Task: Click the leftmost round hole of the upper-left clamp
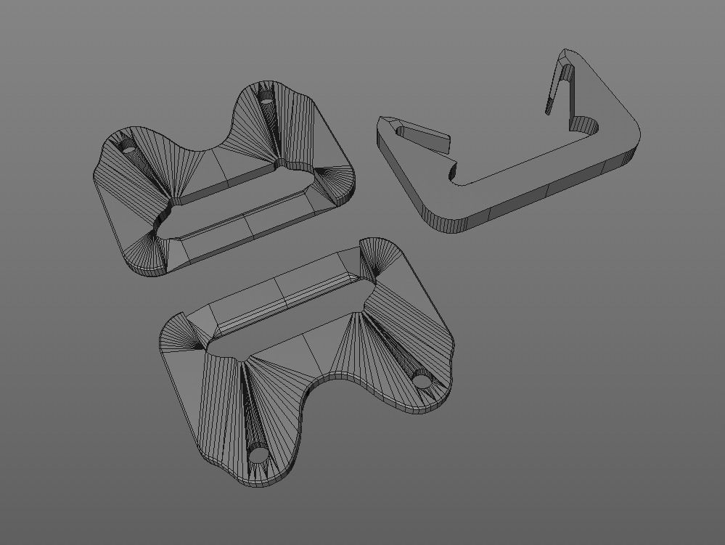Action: pos(129,146)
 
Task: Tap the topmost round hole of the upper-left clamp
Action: pos(266,100)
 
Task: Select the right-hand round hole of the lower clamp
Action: pos(422,378)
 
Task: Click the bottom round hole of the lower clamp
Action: pos(258,456)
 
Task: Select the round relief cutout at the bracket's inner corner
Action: pos(588,125)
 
